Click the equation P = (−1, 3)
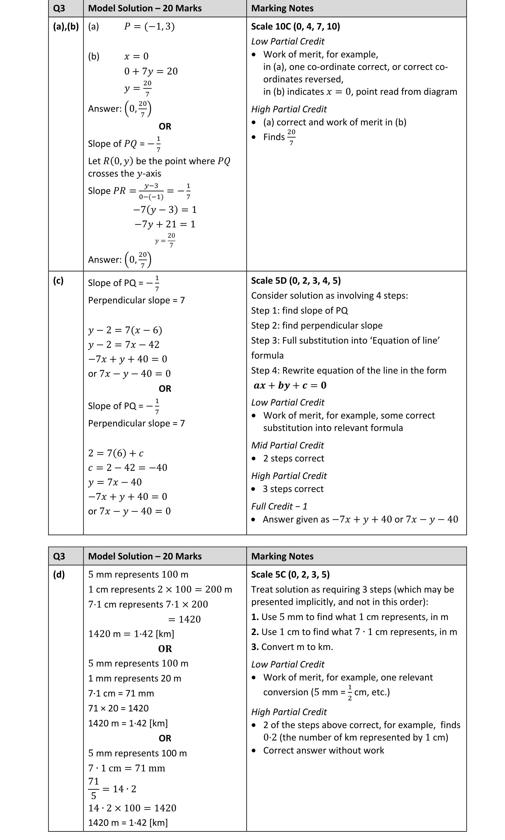(x=149, y=27)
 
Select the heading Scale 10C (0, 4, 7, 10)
(x=295, y=27)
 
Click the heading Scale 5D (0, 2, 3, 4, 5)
(x=296, y=281)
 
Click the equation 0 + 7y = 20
(x=151, y=71)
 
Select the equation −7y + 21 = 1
(x=165, y=224)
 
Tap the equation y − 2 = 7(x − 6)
(x=125, y=330)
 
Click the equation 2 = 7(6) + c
(x=116, y=453)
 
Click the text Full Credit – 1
(x=279, y=506)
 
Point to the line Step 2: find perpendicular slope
(x=316, y=326)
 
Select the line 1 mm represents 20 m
(x=134, y=678)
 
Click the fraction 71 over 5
(x=94, y=788)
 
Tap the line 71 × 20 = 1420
(x=118, y=708)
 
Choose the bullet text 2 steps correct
(x=293, y=458)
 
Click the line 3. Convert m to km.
(x=292, y=647)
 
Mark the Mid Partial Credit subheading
(x=287, y=445)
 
